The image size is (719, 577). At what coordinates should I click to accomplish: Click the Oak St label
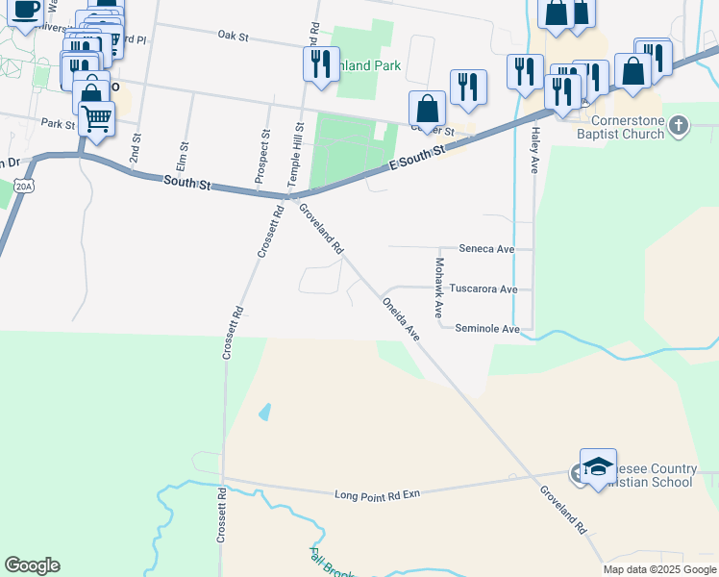pos(233,37)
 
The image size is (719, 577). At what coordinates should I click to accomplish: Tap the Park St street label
pos(58,124)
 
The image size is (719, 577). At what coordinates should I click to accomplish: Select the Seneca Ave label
pos(487,248)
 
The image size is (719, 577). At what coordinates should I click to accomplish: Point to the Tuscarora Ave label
pos(483,288)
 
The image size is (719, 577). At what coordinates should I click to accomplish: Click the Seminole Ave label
pos(487,329)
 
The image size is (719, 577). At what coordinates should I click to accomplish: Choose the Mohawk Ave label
pos(438,288)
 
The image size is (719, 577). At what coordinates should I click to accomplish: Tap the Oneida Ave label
pos(402,318)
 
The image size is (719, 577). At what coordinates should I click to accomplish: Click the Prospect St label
pos(262,155)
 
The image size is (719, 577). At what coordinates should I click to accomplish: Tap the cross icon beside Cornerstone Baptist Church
pos(679,126)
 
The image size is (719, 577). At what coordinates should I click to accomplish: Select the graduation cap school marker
pos(597,465)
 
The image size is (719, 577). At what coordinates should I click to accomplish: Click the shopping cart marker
pos(96,118)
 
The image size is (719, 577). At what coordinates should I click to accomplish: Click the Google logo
pos(32,565)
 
